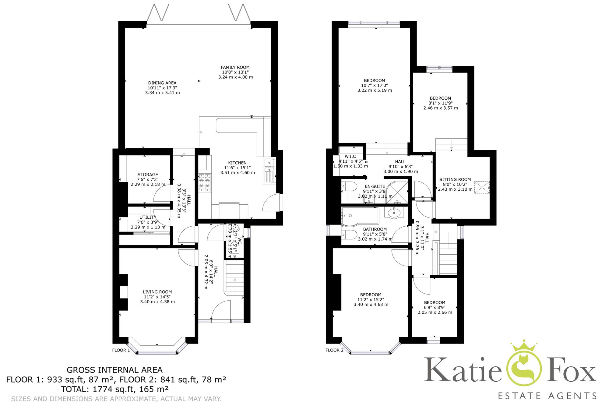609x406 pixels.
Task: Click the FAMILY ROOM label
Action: point(235,67)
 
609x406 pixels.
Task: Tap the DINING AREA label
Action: point(162,83)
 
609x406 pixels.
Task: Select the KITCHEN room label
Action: point(237,163)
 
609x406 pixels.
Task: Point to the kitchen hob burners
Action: point(205,182)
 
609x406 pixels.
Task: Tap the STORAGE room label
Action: point(148,175)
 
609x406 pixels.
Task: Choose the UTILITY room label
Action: point(148,217)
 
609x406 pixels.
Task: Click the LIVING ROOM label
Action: point(157,292)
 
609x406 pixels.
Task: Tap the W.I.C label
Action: point(350,156)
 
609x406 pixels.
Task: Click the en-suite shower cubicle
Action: point(397,192)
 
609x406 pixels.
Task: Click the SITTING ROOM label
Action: point(455,179)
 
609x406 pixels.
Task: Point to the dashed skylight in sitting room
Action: point(482,187)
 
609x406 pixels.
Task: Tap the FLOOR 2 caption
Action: point(334,350)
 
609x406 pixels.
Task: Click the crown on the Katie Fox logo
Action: point(523,346)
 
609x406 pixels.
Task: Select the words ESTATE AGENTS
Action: point(547,396)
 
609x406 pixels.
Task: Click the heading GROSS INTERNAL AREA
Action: point(114,370)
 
